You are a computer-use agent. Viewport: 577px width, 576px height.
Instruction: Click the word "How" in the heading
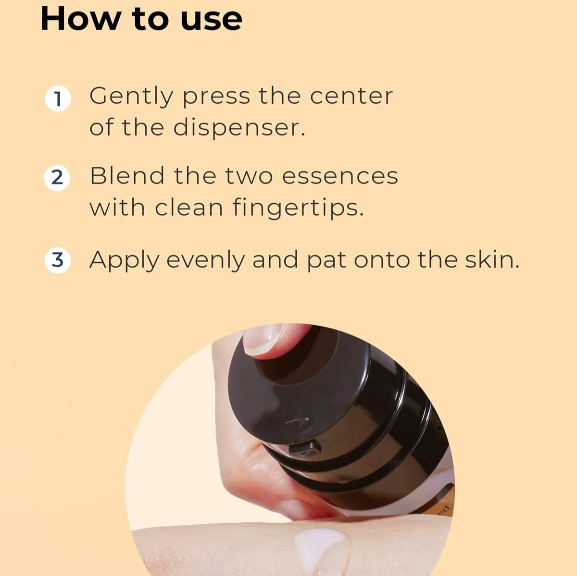(81, 18)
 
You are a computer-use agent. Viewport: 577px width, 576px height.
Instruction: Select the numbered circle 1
(58, 99)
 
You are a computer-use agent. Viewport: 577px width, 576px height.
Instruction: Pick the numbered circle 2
(57, 178)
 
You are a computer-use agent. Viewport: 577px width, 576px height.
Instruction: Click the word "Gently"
(131, 97)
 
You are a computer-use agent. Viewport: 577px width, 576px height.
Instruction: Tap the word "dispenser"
(239, 129)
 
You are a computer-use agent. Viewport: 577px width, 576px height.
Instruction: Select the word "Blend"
(127, 176)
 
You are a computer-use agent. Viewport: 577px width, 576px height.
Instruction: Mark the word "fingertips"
(298, 208)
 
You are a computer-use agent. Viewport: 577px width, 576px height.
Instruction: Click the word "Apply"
(125, 261)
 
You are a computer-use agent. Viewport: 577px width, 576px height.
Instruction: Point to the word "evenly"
(206, 261)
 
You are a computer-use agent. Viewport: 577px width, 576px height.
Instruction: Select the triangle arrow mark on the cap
(298, 423)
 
